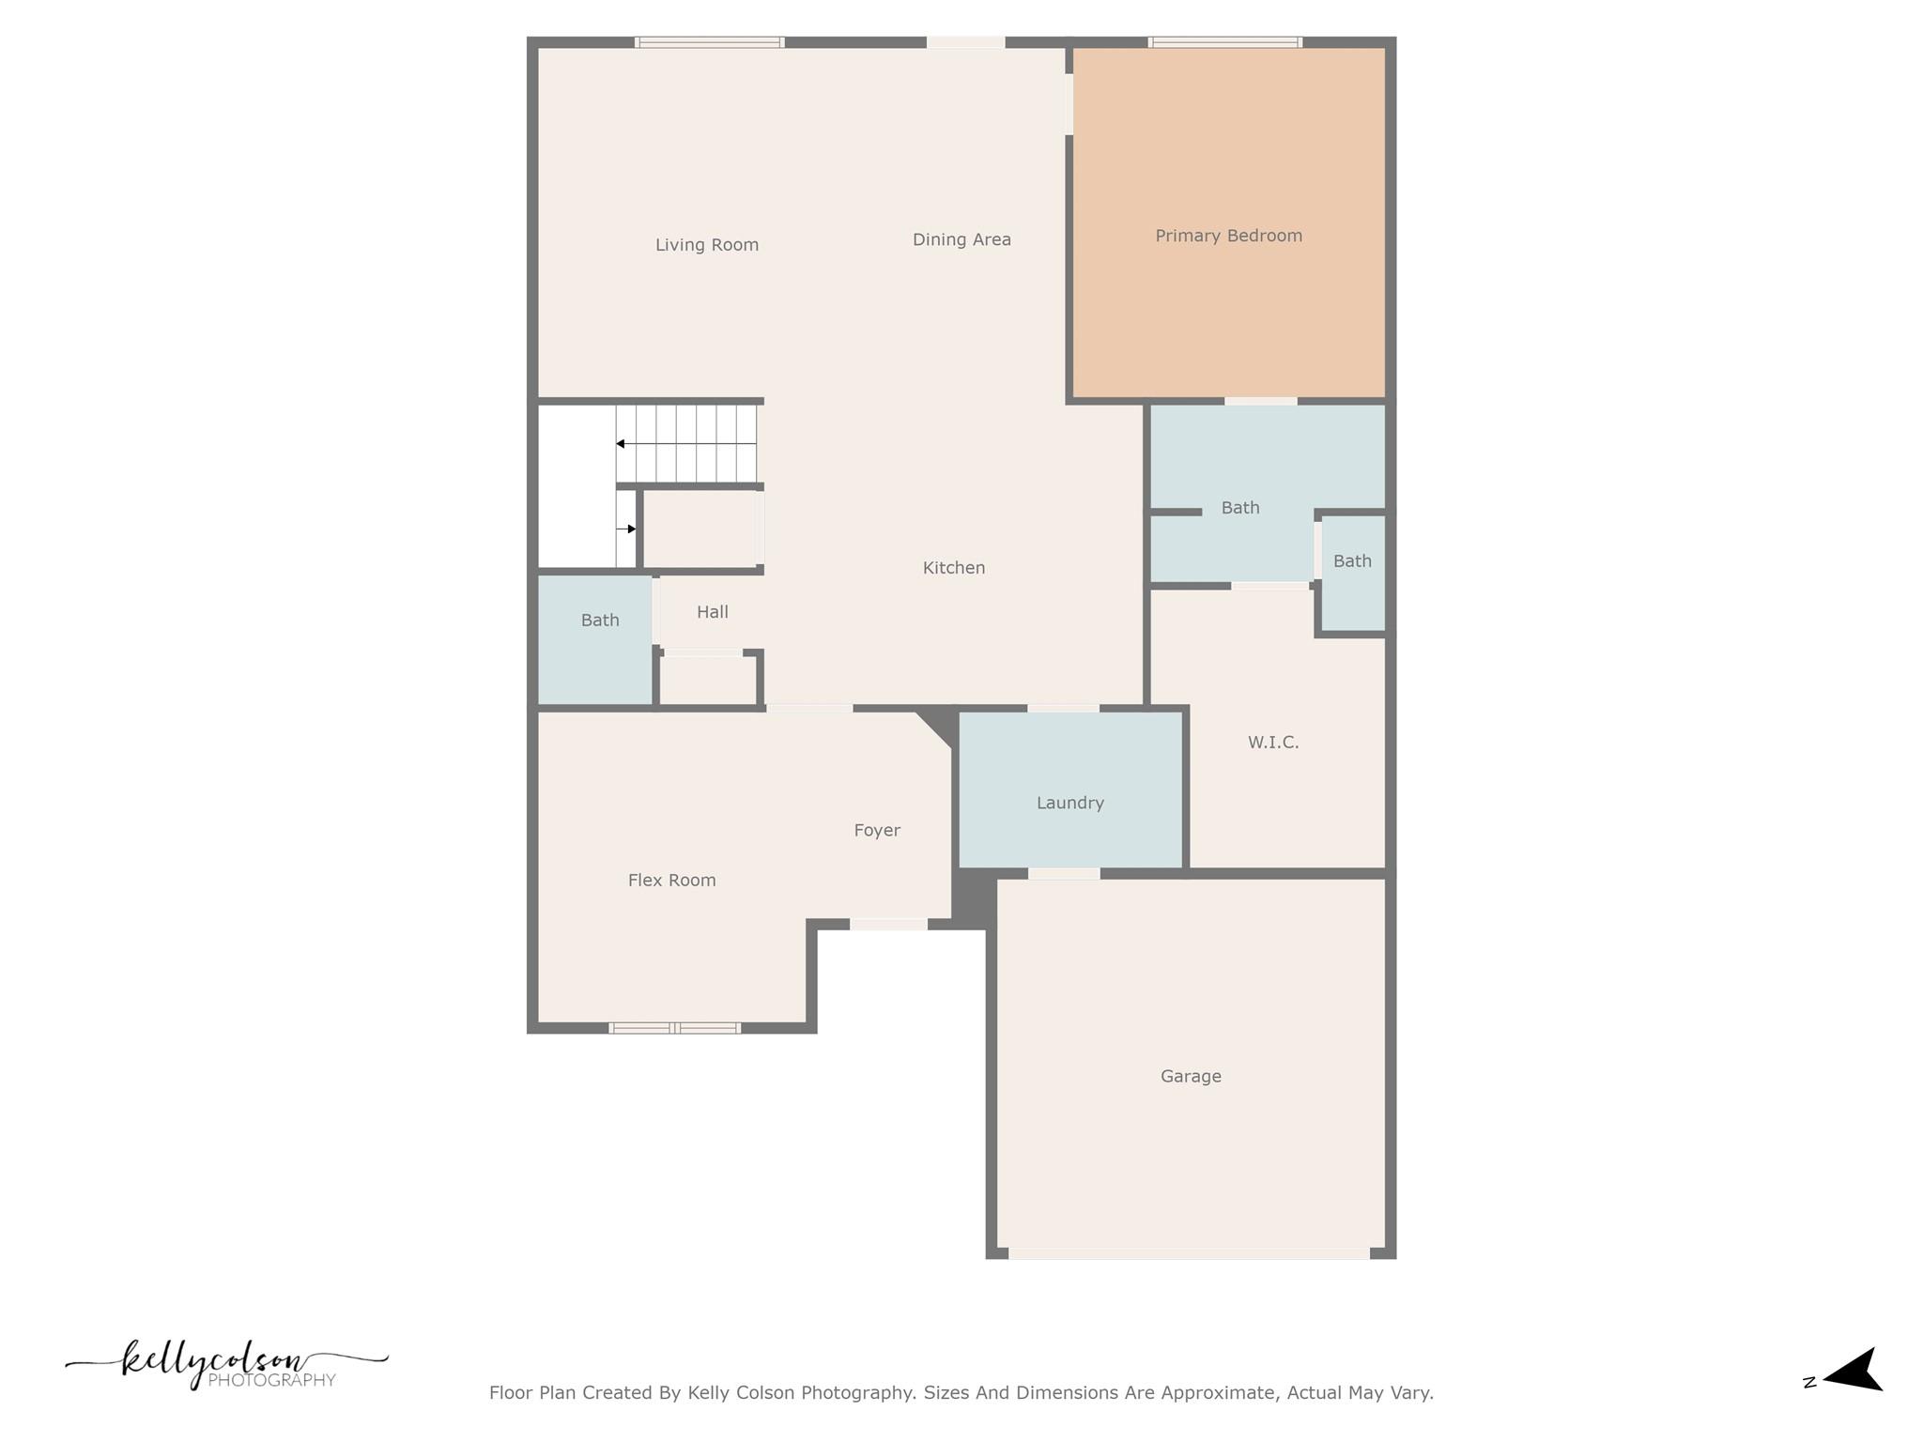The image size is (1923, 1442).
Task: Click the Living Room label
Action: coord(706,245)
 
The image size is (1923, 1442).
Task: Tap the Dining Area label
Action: coord(961,239)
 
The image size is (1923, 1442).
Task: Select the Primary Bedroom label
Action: coord(1228,236)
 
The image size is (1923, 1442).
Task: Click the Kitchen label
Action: coord(953,568)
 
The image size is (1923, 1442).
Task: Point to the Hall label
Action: coord(712,612)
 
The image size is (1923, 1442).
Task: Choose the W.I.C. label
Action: coord(1272,743)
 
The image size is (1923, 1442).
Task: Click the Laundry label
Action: coord(1069,803)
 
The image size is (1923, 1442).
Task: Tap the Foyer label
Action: coord(876,830)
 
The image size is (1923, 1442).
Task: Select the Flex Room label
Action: coord(671,881)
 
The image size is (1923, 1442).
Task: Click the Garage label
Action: coord(1190,1077)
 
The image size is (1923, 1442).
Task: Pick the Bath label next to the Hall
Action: coord(599,621)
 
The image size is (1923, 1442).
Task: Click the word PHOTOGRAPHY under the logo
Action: coord(271,1380)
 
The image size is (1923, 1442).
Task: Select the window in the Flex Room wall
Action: coord(674,1028)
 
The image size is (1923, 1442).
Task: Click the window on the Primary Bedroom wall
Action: coord(1224,42)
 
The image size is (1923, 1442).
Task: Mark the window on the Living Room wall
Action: coord(709,42)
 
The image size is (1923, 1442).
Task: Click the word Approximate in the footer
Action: coord(1219,1393)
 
